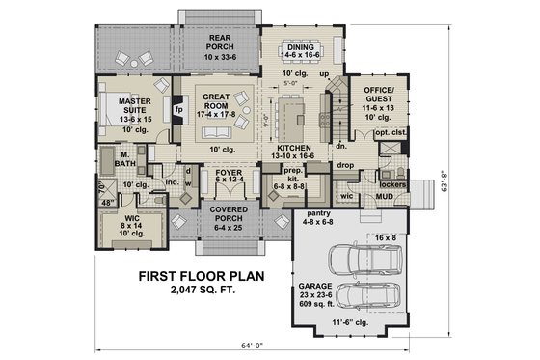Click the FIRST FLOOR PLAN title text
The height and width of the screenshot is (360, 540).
(x=202, y=274)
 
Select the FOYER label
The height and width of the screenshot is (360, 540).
(x=228, y=175)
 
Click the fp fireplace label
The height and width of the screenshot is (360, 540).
(x=177, y=109)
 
